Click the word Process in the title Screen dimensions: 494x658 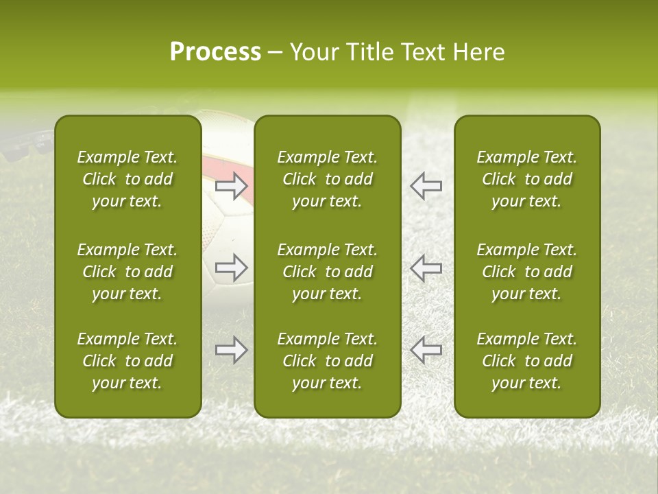pyautogui.click(x=215, y=52)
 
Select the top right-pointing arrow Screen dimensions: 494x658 pyautogui.click(x=232, y=186)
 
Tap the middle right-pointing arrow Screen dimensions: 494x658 pyautogui.click(x=232, y=268)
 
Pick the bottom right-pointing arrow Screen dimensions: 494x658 pyautogui.click(x=232, y=350)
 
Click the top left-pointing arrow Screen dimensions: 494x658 pyautogui.click(x=426, y=186)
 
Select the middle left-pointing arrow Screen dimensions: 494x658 pyautogui.click(x=426, y=268)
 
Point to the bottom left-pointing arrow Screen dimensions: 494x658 pyautogui.click(x=426, y=350)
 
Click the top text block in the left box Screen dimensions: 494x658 pyautogui.click(x=127, y=179)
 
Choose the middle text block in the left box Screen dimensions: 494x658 pyautogui.click(x=127, y=272)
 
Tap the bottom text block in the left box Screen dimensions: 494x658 pyautogui.click(x=127, y=361)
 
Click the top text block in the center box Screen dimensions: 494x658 pyautogui.click(x=327, y=179)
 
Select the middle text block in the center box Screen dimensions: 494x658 pyautogui.click(x=327, y=272)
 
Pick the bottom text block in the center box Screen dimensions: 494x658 pyautogui.click(x=327, y=361)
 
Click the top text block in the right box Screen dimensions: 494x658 pyautogui.click(x=526, y=179)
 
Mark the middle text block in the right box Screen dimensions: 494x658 pyautogui.click(x=526, y=272)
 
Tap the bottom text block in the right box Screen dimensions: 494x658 pyautogui.click(x=526, y=361)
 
